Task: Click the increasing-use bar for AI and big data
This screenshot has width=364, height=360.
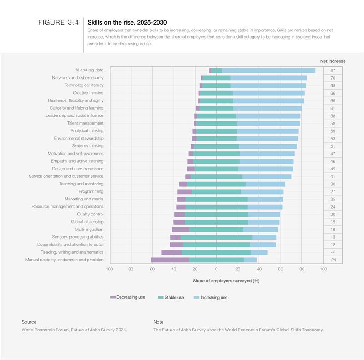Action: pyautogui.click(x=268, y=70)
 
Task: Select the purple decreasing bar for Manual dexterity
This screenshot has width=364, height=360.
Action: pyautogui.click(x=170, y=260)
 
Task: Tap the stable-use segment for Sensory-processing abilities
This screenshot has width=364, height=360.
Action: pyautogui.click(x=216, y=237)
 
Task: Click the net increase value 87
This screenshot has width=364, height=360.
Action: pyautogui.click(x=333, y=70)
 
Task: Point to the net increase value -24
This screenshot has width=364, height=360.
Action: pyautogui.click(x=333, y=260)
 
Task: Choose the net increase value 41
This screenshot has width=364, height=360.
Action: pyautogui.click(x=333, y=176)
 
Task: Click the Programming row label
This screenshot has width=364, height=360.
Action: pyautogui.click(x=91, y=191)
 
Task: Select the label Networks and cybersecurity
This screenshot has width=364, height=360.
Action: pyautogui.click(x=77, y=78)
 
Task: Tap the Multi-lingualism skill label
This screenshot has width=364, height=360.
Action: pyautogui.click(x=89, y=230)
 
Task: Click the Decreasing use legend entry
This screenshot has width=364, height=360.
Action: pyautogui.click(x=127, y=297)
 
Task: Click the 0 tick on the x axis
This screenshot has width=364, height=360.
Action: pyautogui.click(x=216, y=269)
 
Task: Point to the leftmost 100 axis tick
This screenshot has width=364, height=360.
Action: pyautogui.click(x=110, y=269)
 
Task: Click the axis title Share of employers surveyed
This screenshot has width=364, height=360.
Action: pyautogui.click(x=226, y=281)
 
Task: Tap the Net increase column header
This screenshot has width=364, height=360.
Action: pyautogui.click(x=333, y=61)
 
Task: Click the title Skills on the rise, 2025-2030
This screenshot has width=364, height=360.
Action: pyautogui.click(x=127, y=22)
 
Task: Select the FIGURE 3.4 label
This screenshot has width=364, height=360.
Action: pyautogui.click(x=58, y=22)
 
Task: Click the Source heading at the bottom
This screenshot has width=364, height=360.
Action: pyautogui.click(x=29, y=322)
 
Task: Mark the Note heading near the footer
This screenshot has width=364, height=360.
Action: pyautogui.click(x=158, y=322)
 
